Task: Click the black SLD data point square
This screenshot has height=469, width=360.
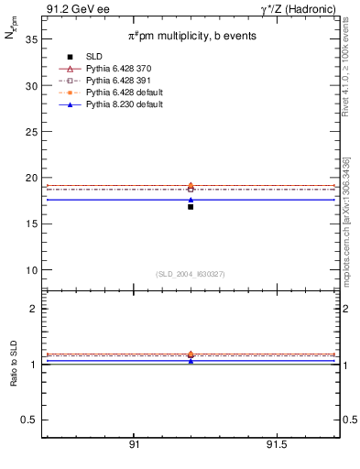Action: point(191,207)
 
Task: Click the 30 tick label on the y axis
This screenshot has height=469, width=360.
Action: point(30,85)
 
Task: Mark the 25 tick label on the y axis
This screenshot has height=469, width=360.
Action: point(30,132)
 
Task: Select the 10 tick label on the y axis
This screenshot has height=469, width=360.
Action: point(30,270)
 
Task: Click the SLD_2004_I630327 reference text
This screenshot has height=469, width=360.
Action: point(190,274)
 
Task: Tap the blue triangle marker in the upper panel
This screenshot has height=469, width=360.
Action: point(191,200)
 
